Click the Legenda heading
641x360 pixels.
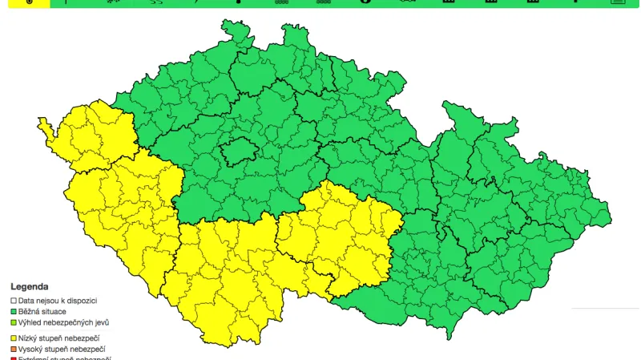[x=29, y=286]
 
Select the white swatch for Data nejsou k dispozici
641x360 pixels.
[x=14, y=300]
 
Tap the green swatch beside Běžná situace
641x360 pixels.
[x=14, y=311]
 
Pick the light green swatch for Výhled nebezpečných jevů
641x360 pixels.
[x=14, y=322]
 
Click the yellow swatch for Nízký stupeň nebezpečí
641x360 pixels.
[x=14, y=338]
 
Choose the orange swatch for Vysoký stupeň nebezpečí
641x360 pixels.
[x=14, y=350]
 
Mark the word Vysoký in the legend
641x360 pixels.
[x=32, y=350]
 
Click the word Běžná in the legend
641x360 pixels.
[x=30, y=311]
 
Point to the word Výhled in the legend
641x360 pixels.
[x=31, y=322]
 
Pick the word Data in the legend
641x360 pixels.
[x=27, y=300]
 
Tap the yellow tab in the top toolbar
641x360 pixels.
[x=25, y=3]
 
